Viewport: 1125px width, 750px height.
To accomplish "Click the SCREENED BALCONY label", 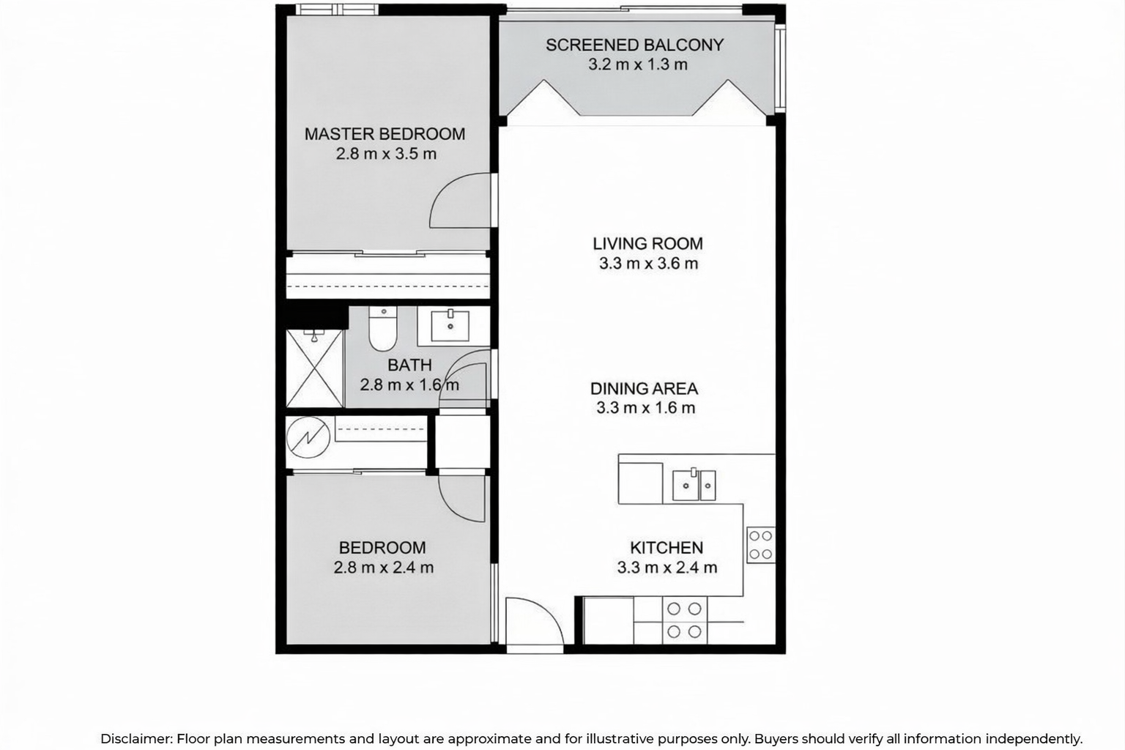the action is coord(635,45).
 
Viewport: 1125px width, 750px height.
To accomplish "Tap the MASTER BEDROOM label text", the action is coord(385,134).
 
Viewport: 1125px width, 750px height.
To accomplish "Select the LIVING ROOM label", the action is coord(648,244).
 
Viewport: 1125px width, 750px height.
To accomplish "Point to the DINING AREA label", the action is coord(644,388).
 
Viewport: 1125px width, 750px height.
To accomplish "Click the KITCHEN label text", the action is coord(667,548).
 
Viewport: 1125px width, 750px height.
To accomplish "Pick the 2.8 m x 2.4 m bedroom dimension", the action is coord(384,568).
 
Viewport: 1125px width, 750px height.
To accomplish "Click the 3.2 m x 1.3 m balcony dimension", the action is coord(638,64).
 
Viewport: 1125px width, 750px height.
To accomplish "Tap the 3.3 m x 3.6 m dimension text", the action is coord(648,263).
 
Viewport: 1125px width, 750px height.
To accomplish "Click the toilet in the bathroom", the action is coord(383,329).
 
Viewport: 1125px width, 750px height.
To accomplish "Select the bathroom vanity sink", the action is coord(450,326).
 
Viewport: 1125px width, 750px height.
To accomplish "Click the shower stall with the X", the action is coord(314,368).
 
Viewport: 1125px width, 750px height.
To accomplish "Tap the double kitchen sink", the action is coord(694,485).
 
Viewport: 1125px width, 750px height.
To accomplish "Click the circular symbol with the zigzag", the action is coord(308,437).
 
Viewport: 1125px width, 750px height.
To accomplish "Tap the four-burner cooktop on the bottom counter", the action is coord(684,620).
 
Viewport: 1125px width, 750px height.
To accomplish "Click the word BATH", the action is coord(409,365).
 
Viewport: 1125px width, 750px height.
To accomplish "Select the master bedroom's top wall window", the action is coord(336,10).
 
